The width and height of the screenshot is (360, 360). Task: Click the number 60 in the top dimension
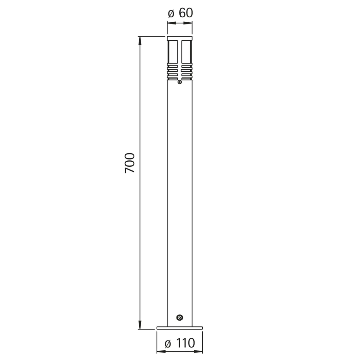coord(186,13)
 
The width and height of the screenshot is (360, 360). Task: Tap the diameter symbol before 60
coord(171,14)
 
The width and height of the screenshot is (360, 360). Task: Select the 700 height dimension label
coord(130,163)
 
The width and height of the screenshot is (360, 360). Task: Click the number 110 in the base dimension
coord(186,343)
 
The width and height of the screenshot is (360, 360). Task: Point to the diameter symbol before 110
coord(168,344)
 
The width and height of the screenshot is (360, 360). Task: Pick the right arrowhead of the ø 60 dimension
coord(188,23)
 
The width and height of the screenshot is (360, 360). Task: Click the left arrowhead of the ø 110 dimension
coord(161,352)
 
